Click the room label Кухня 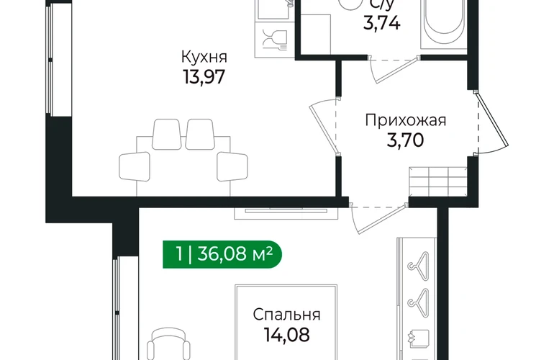point(204,57)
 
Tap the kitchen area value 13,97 point(204,76)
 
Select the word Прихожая point(406,120)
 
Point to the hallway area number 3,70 point(405,140)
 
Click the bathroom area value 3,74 point(382,24)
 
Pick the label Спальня point(286,315)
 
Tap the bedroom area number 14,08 point(287,334)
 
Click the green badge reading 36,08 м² point(222,254)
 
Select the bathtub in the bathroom point(443,23)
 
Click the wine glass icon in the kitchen point(275,39)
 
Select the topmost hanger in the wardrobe point(419,261)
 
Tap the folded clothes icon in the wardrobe point(419,338)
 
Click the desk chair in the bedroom point(169,344)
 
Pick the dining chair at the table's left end point(135,166)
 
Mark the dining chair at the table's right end point(232,166)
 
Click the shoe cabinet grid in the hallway point(438,181)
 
